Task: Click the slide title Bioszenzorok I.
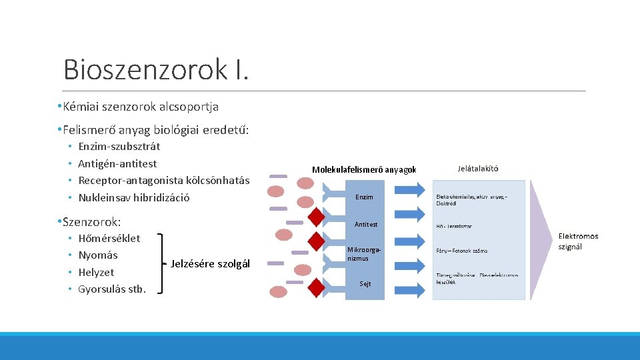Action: [156, 69]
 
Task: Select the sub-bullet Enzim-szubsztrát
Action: [119, 147]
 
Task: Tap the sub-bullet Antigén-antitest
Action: [117, 163]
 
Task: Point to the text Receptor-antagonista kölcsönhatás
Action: [163, 181]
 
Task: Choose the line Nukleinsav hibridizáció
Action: [133, 197]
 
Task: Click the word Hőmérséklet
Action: [109, 238]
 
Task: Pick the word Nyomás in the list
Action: [97, 255]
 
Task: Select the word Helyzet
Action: [96, 272]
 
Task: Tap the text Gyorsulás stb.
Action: [111, 289]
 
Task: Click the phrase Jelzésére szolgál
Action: [210, 264]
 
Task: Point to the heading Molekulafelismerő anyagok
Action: [364, 170]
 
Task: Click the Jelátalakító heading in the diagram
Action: [477, 169]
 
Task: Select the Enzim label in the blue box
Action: [364, 197]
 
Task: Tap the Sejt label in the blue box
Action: [365, 283]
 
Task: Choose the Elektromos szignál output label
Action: [578, 241]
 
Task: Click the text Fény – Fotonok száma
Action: [461, 251]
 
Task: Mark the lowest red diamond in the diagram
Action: [317, 285]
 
